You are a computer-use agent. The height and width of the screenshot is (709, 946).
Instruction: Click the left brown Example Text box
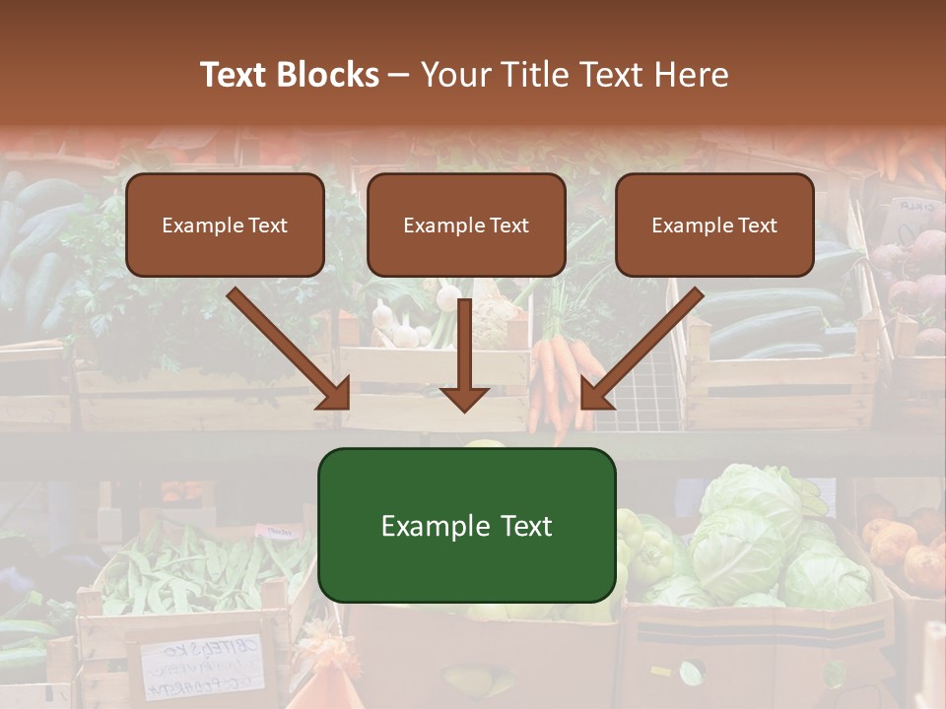click(x=225, y=225)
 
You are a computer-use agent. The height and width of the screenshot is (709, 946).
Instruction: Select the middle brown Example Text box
click(x=466, y=225)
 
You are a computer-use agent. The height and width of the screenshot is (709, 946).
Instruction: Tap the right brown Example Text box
click(x=714, y=225)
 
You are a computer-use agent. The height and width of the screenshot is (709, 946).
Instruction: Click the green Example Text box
click(x=466, y=525)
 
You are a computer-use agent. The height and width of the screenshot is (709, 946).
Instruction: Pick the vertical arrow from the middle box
click(x=464, y=354)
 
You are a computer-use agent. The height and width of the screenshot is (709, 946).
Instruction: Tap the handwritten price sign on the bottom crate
click(x=202, y=665)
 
